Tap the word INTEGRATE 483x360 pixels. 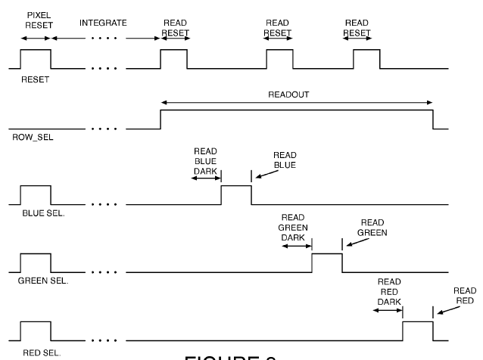click(x=103, y=23)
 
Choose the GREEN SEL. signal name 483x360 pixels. click(x=42, y=281)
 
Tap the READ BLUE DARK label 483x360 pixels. click(x=205, y=160)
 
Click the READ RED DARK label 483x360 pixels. click(x=389, y=290)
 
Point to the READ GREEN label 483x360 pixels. click(x=372, y=228)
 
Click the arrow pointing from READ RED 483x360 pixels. click(x=447, y=309)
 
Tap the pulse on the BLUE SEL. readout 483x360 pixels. click(x=235, y=194)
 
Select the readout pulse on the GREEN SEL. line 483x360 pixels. click(x=326, y=262)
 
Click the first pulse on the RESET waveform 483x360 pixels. click(x=36, y=59)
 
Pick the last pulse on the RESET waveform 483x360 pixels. click(x=369, y=59)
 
